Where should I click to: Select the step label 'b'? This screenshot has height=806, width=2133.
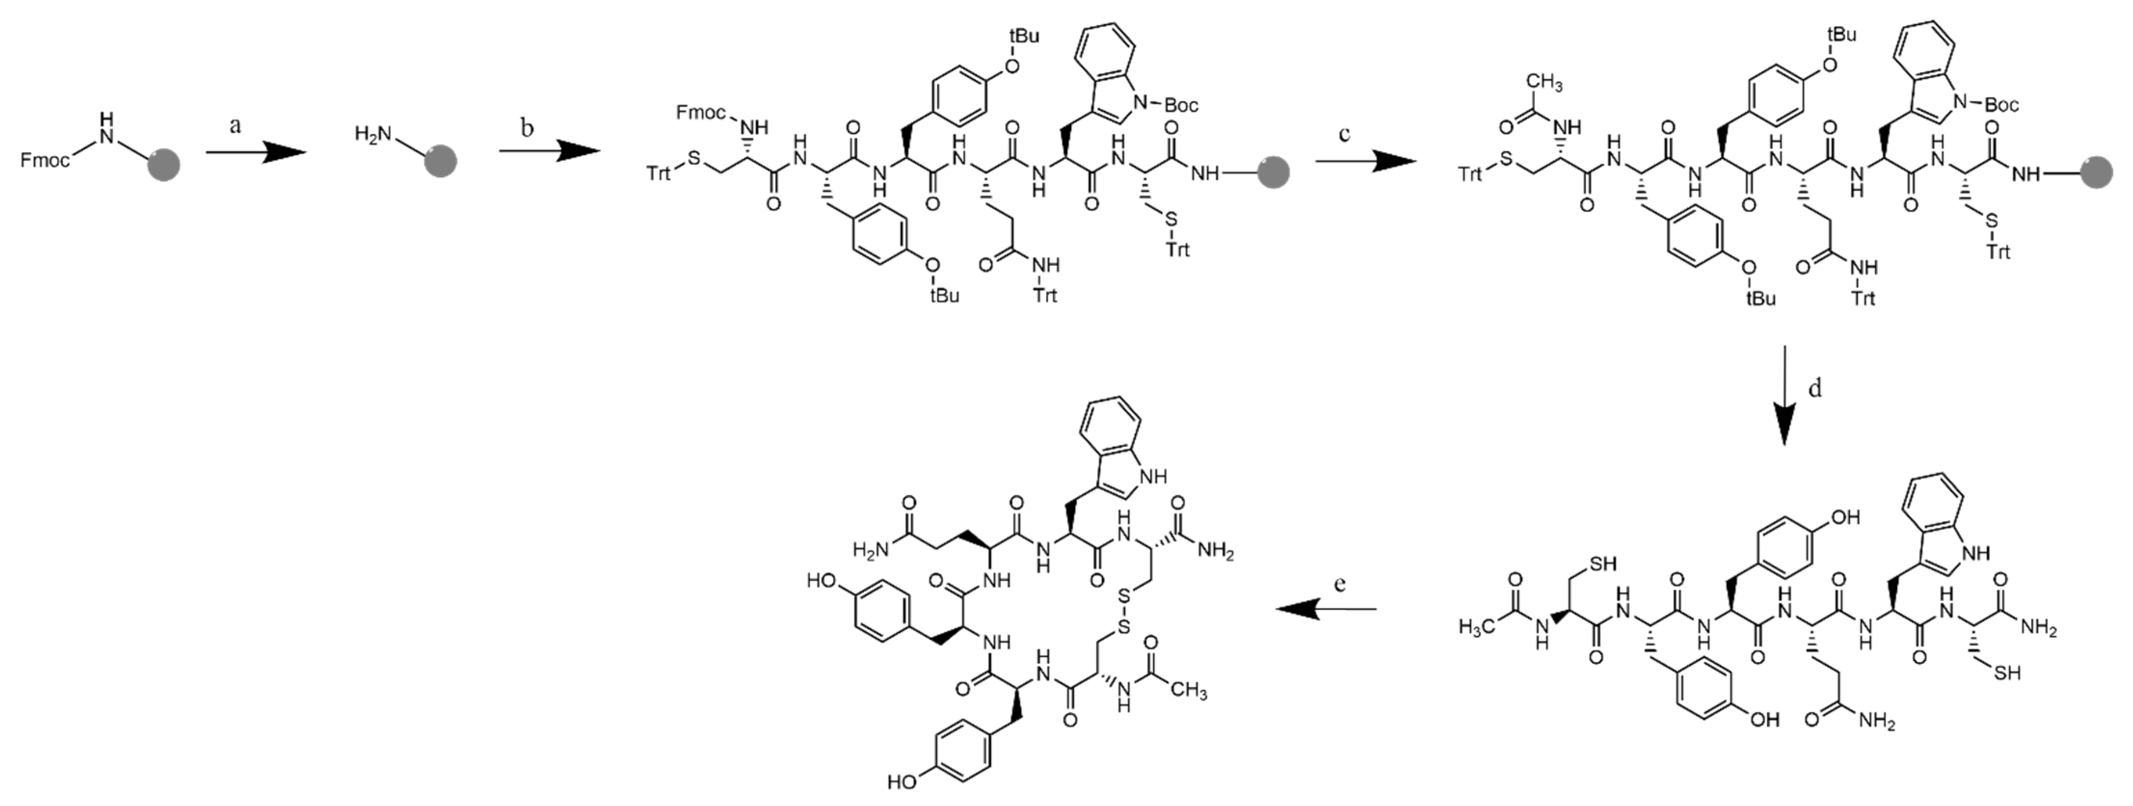click(527, 127)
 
